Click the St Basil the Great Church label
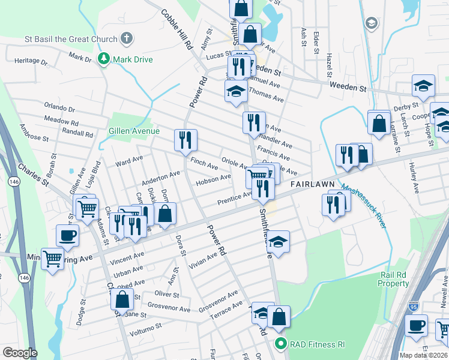click(71, 40)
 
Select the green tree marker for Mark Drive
click(104, 59)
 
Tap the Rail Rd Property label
click(394, 279)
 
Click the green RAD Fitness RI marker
click(280, 344)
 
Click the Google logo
click(20, 352)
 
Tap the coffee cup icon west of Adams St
click(67, 235)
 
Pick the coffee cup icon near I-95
click(416, 326)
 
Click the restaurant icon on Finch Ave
click(185, 140)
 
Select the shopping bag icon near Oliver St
click(122, 299)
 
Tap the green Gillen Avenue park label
click(134, 131)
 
